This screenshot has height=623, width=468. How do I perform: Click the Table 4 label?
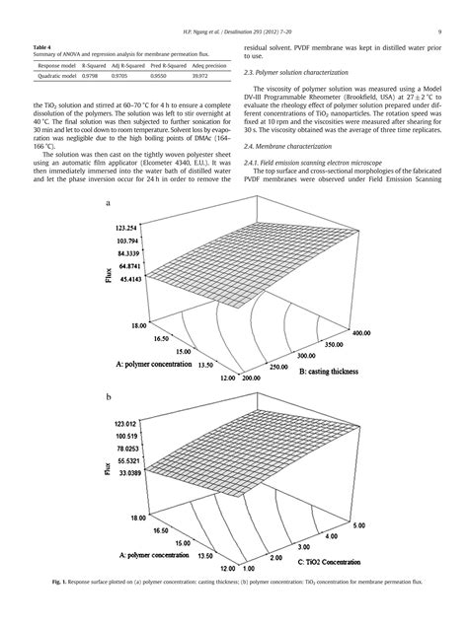pos(41,47)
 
